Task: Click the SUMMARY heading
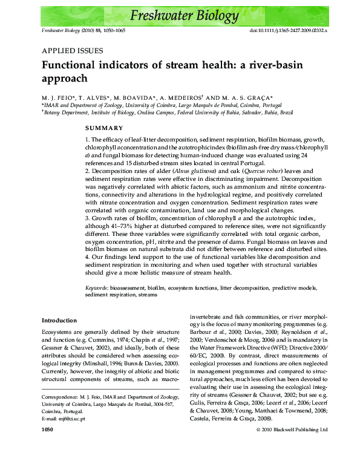click(103, 128)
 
